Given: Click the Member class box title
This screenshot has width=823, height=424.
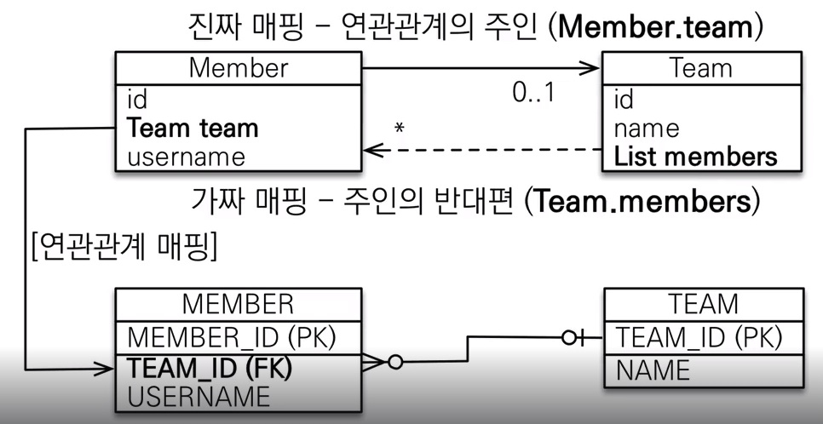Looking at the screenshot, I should point(239,68).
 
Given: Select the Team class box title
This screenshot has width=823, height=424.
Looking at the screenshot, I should point(701,68).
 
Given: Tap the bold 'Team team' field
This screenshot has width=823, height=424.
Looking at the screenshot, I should point(193,129).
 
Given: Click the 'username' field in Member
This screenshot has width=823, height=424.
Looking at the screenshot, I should point(186,157).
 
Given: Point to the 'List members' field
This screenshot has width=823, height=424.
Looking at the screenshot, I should point(695,157).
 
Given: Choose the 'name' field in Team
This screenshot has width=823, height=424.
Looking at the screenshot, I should point(647,129).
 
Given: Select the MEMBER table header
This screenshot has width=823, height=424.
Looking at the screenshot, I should point(238,304).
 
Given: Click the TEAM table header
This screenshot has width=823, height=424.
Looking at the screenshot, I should point(703,304).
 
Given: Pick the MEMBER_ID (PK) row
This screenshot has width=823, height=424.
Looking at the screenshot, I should point(232,337).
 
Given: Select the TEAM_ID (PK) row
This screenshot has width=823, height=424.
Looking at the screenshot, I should point(699,337).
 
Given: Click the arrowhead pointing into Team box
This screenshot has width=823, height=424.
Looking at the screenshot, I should point(590,68).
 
